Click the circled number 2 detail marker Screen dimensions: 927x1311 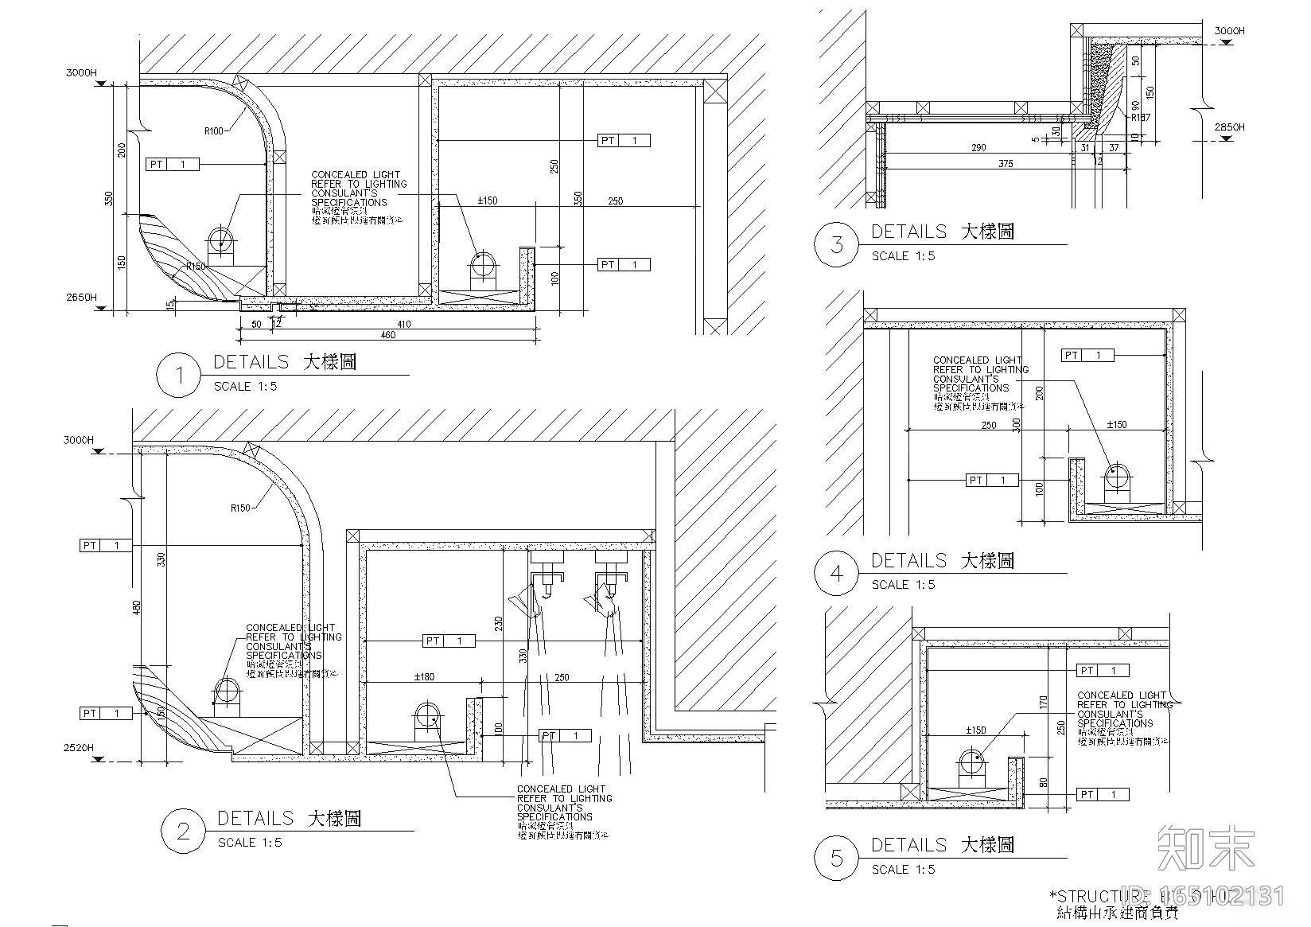pos(183,831)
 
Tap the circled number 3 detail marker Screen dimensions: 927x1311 pos(836,243)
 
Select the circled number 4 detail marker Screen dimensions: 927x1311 pos(836,573)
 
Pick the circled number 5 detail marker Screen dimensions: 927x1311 pos(836,858)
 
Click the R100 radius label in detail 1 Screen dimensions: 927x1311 pos(214,131)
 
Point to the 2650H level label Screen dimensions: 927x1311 pos(81,298)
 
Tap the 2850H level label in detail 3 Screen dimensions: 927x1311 pos(1229,127)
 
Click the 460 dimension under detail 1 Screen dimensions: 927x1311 pos(387,335)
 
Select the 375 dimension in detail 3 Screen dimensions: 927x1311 pos(1006,164)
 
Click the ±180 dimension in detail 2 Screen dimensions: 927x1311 pos(424,677)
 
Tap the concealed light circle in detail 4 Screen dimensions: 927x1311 pos(1115,477)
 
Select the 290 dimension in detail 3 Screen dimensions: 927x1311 pos(978,147)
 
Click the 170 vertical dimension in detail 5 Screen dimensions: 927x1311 pos(1043,702)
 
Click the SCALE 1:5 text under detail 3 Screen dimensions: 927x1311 pos(903,256)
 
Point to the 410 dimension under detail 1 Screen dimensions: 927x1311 pos(403,324)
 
